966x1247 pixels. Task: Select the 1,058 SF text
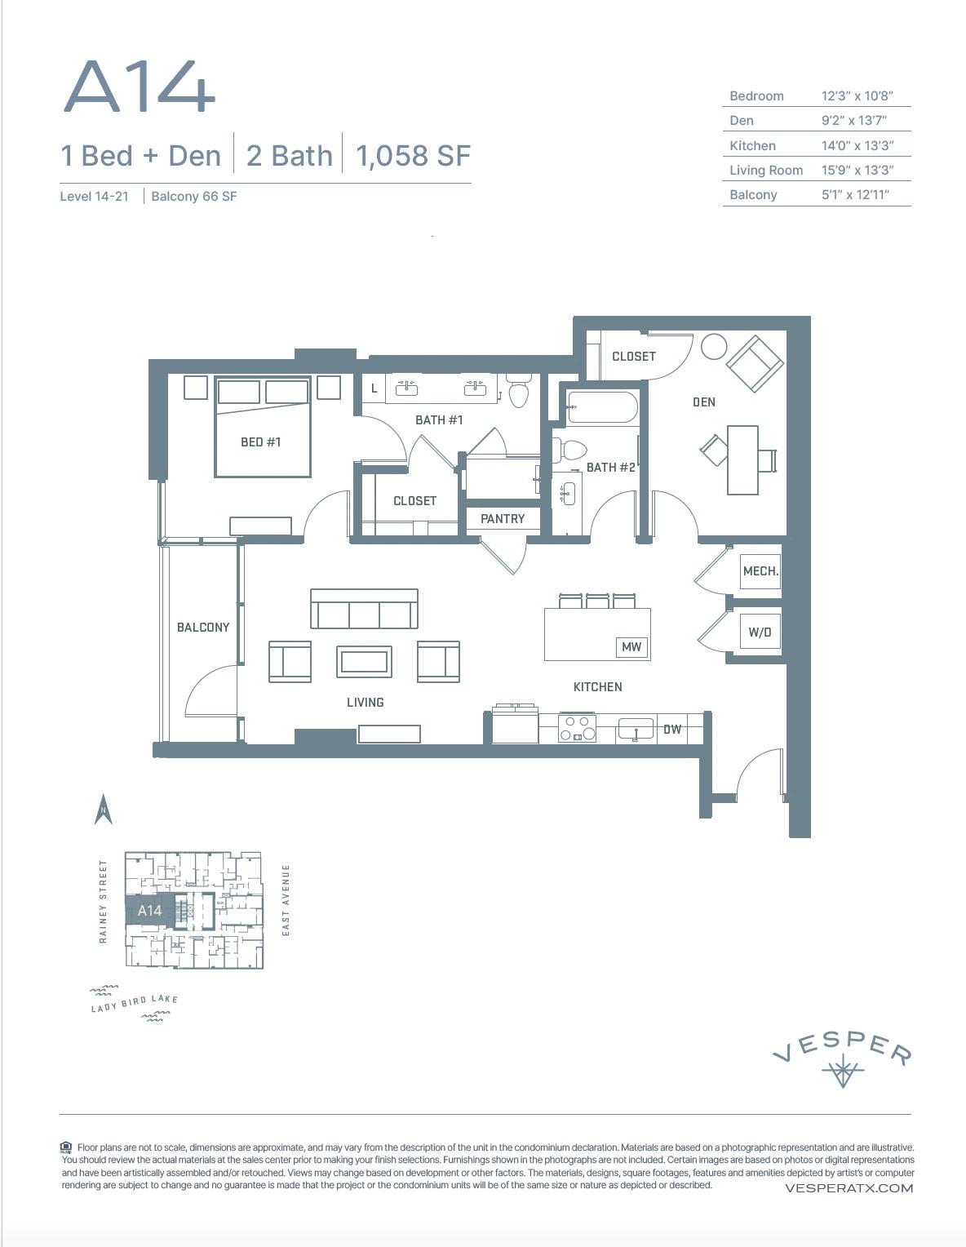coord(413,155)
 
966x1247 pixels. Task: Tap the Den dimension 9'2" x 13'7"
coord(853,120)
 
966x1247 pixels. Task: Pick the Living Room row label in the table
coord(765,170)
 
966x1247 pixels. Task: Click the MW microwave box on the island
coord(631,646)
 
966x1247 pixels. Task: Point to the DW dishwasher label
coord(671,729)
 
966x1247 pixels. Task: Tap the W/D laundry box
coord(760,632)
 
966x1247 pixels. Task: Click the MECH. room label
coord(760,571)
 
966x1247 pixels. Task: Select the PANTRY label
coord(503,518)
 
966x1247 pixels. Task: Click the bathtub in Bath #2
coord(602,407)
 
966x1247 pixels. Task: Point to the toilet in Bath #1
coord(519,392)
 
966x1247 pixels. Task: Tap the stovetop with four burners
coord(577,727)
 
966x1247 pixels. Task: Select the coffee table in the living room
coord(364,661)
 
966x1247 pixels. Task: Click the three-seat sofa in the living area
coord(364,609)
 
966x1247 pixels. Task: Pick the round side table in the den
coord(713,346)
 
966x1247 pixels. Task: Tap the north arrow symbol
coord(103,810)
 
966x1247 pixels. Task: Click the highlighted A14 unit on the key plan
coord(149,911)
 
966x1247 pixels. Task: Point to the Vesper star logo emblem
coord(842,1072)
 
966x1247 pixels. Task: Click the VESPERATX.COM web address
coord(849,1187)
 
